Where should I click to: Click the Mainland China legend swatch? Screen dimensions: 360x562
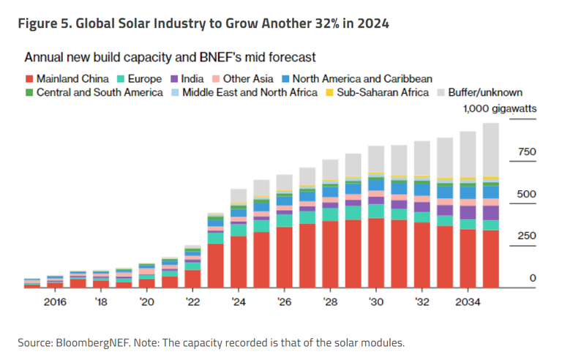tap(29, 78)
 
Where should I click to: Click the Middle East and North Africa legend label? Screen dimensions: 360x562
tap(250, 93)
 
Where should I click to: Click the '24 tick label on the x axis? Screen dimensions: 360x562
tap(239, 301)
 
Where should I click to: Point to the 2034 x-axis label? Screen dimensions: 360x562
tap(468, 301)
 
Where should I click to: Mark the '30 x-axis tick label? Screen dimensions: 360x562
tap(376, 301)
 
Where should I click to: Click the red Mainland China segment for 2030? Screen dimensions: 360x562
tap(376, 252)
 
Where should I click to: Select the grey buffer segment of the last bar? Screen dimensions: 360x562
tap(491, 149)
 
